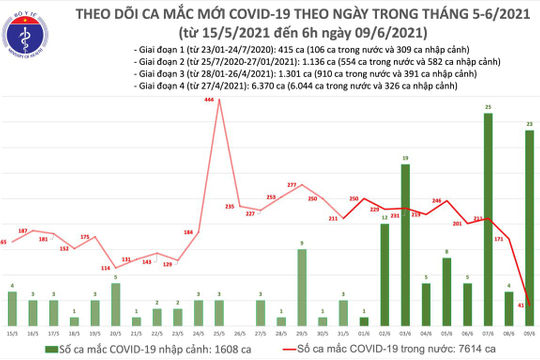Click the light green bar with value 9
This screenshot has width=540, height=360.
pos(302,285)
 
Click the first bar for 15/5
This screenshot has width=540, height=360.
pos(12,306)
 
